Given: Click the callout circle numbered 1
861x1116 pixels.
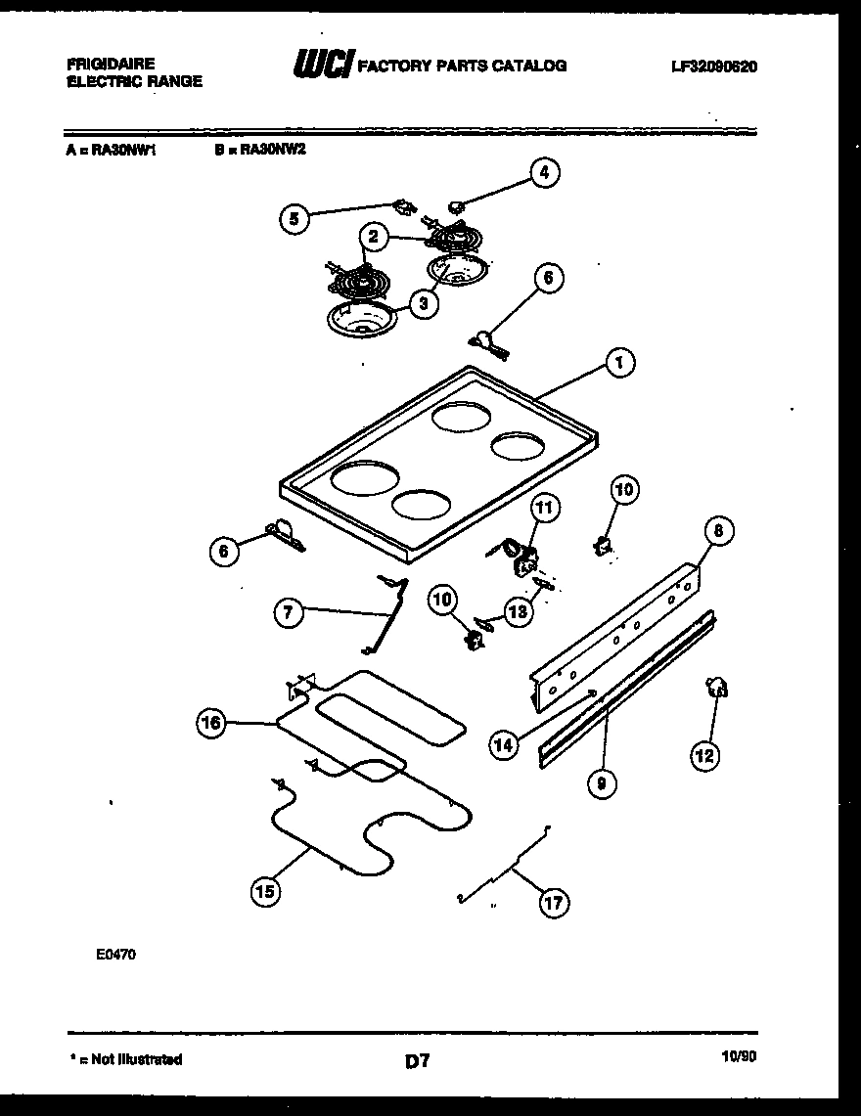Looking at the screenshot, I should pos(617,364).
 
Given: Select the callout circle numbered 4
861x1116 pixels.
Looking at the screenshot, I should pos(545,173).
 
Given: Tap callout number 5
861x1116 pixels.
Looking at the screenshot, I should pos(293,218).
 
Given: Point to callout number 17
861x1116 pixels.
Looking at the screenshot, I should pos(554,902).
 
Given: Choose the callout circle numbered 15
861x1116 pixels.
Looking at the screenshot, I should pos(265,890).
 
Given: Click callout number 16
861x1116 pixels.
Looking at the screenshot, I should pos(211,724).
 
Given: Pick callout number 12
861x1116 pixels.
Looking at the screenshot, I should pos(703,754).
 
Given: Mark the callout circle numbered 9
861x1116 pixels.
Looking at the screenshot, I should pos(603,781).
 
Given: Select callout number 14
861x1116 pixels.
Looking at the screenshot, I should pos(503,745).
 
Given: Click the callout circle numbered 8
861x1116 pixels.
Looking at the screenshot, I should pos(718,531).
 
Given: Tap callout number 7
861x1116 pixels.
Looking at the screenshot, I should pos(287,613).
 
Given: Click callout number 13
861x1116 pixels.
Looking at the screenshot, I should pos(518,612).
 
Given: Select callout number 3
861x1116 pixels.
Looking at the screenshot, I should pos(423,304).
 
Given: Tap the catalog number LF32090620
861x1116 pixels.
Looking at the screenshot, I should pos(714,67).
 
